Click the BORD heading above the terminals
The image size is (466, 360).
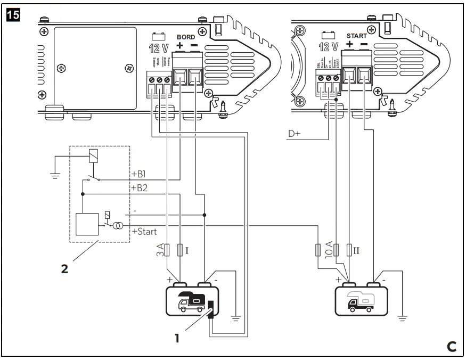(x=186, y=37)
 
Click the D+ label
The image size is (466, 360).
(x=295, y=134)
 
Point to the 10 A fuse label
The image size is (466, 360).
(x=329, y=249)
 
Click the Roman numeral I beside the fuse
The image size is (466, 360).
(x=187, y=250)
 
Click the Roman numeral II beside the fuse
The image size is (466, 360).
(x=357, y=249)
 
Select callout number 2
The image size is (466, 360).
(x=64, y=269)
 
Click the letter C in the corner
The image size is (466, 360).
(x=451, y=347)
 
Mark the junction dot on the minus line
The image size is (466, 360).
(x=205, y=215)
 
